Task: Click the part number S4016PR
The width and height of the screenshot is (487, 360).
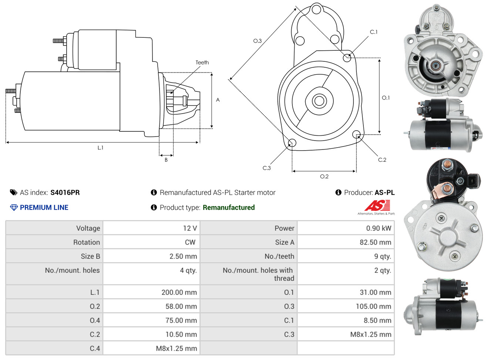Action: coord(65,192)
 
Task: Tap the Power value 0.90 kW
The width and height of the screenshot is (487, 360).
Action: coord(378,228)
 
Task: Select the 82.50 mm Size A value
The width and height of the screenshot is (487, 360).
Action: coord(375,242)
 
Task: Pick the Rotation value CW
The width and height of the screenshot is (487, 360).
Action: coord(190,242)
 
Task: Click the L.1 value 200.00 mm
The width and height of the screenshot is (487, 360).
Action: coord(179,292)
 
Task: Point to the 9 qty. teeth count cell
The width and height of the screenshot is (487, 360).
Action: coord(383,256)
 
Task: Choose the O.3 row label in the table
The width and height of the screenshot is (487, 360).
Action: coord(289,306)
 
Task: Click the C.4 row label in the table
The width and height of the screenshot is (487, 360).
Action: coord(95,349)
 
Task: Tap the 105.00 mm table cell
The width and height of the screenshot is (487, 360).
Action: coord(373,306)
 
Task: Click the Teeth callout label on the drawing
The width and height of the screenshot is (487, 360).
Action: coord(202,63)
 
